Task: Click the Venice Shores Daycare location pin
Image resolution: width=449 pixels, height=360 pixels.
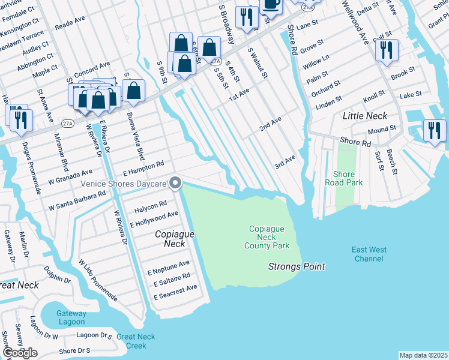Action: pyautogui.click(x=175, y=182)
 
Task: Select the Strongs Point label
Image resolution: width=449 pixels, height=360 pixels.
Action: pyautogui.click(x=297, y=266)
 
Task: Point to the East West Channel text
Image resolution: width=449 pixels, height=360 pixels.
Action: pyautogui.click(x=369, y=254)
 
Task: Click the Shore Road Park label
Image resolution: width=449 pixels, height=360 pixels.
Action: pyautogui.click(x=344, y=178)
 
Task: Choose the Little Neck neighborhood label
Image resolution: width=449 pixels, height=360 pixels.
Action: pyautogui.click(x=364, y=116)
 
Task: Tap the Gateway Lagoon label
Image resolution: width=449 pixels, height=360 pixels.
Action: pyautogui.click(x=71, y=317)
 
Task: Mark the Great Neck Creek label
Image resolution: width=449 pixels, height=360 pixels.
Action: pyautogui.click(x=131, y=341)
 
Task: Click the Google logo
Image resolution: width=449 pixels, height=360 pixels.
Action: pyautogui.click(x=20, y=353)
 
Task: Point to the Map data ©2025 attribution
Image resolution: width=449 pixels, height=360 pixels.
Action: pyautogui.click(x=423, y=355)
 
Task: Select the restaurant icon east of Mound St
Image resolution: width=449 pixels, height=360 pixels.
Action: pyautogui.click(x=434, y=130)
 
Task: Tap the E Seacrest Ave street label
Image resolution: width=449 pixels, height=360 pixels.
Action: pyautogui.click(x=175, y=292)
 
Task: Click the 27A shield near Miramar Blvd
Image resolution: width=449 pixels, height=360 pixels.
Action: pyautogui.click(x=67, y=124)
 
